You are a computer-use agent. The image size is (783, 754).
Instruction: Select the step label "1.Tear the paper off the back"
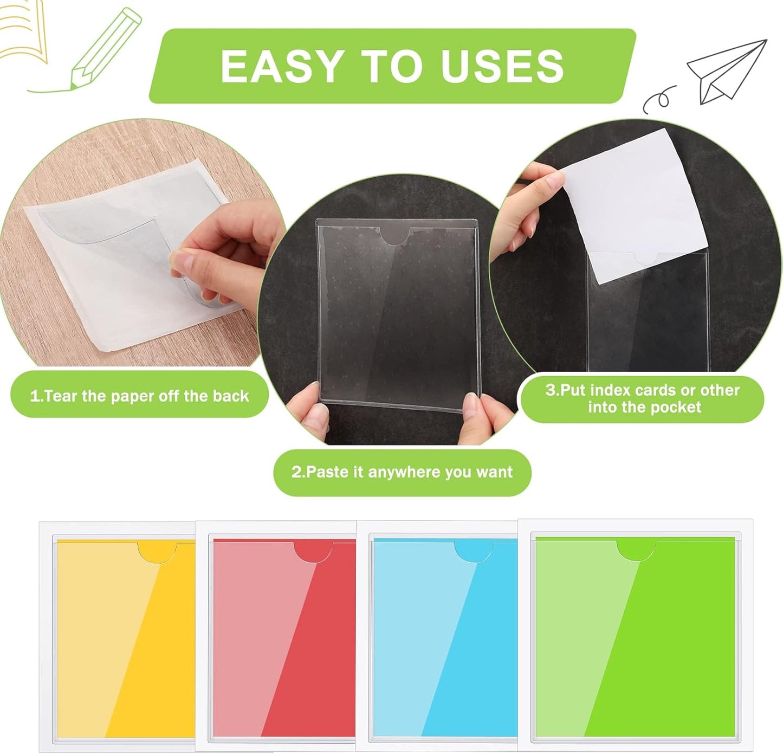pyautogui.click(x=139, y=396)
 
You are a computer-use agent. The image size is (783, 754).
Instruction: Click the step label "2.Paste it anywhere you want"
pyautogui.click(x=402, y=472)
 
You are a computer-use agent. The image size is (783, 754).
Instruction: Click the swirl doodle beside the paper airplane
pyautogui.click(x=658, y=99)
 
